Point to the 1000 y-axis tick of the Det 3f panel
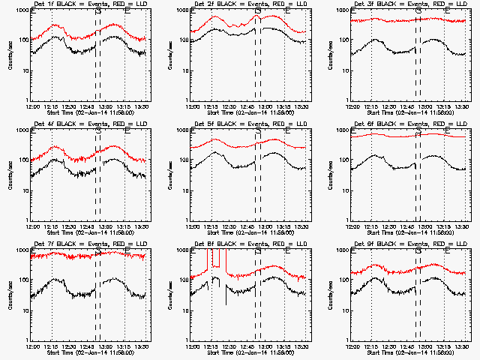coord(346,10)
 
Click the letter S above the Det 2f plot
coord(258,12)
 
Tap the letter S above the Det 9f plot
coord(418,252)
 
